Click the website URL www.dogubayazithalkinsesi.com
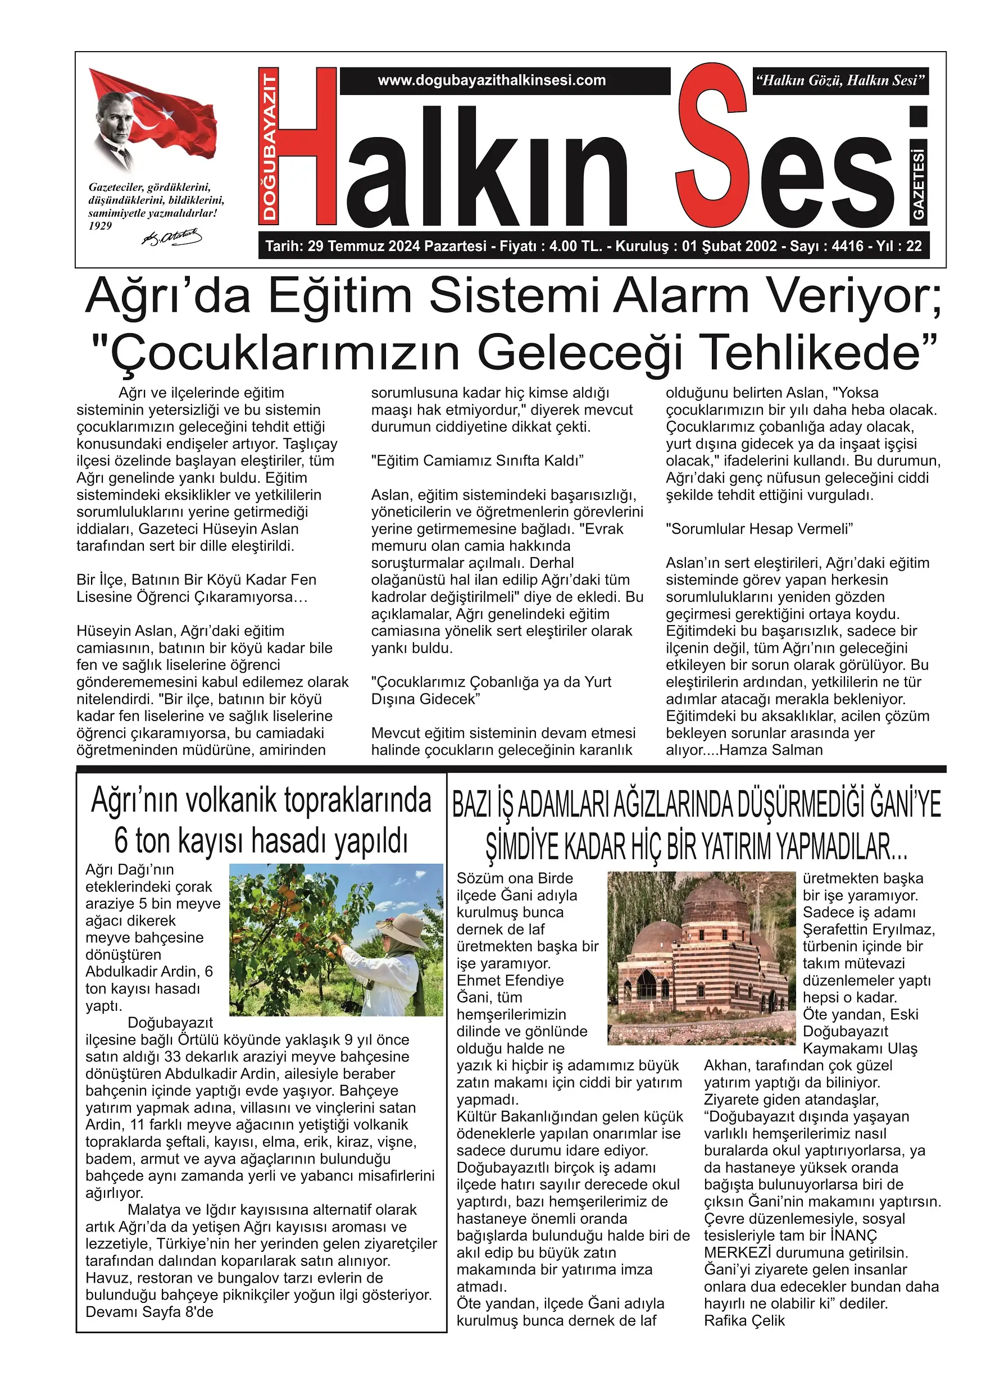tap(492, 80)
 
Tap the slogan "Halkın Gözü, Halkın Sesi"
tap(840, 80)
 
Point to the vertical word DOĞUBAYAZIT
tap(269, 146)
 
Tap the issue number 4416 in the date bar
tap(847, 246)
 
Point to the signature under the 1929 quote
tap(171, 237)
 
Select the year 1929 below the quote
tap(101, 226)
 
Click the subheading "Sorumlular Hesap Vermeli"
tap(759, 528)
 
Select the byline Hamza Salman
tap(771, 750)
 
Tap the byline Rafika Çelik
tap(744, 1320)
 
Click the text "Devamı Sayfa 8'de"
tap(149, 1312)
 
